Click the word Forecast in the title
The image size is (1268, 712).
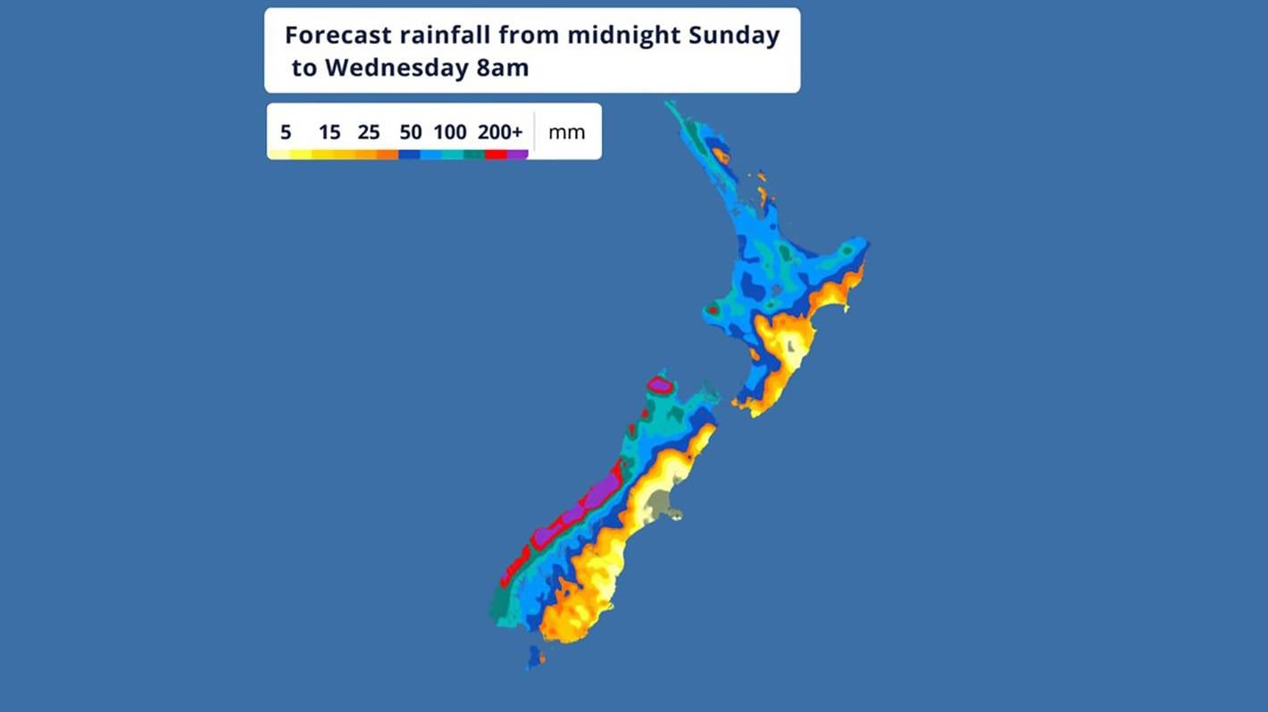338,36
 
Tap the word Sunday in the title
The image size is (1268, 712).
733,36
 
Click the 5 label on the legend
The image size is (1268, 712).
286,133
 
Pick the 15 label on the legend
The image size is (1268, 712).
330,133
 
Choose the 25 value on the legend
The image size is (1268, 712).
369,133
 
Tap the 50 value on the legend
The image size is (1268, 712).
411,133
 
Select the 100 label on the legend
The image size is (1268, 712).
450,133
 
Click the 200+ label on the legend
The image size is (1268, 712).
500,133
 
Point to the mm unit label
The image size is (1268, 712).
566,133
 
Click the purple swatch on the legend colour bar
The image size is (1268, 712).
518,155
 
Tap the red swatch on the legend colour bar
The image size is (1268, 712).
496,155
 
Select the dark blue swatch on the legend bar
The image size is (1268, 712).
409,155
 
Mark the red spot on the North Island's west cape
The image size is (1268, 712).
713,310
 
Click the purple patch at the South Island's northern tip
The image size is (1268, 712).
660,385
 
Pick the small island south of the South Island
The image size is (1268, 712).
534,658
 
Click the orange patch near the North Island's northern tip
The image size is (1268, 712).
721,157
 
